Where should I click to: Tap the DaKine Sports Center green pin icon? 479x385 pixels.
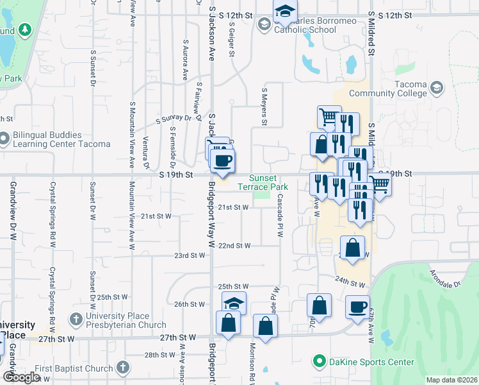[319, 362]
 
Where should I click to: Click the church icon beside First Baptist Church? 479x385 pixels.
[123, 368]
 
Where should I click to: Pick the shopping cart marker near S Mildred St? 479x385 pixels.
[380, 185]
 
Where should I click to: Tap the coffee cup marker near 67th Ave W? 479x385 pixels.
[357, 307]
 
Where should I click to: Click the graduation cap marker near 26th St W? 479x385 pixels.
[234, 303]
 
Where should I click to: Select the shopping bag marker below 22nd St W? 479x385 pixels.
[352, 248]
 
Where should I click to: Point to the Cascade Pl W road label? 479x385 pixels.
[280, 218]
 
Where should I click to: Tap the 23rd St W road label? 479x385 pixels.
[190, 255]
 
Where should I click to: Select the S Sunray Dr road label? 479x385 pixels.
[174, 119]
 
